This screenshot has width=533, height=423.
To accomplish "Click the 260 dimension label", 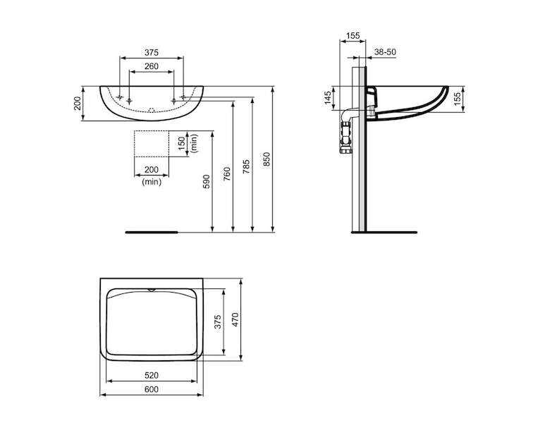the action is tap(152, 66).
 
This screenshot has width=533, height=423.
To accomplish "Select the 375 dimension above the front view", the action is tap(152, 53).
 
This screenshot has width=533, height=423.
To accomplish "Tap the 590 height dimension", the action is tap(207, 182).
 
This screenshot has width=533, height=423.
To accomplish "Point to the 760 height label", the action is tap(227, 174).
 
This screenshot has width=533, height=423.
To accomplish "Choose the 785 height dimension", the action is tap(247, 166).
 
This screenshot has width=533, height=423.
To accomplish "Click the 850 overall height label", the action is tap(266, 159).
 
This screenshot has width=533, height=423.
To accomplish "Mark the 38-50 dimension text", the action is tap(385, 52).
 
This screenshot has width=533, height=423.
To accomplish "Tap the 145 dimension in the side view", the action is tap(327, 98).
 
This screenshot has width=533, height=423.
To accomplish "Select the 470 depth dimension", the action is tap(235, 319).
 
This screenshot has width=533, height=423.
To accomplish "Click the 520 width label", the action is tap(152, 375).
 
